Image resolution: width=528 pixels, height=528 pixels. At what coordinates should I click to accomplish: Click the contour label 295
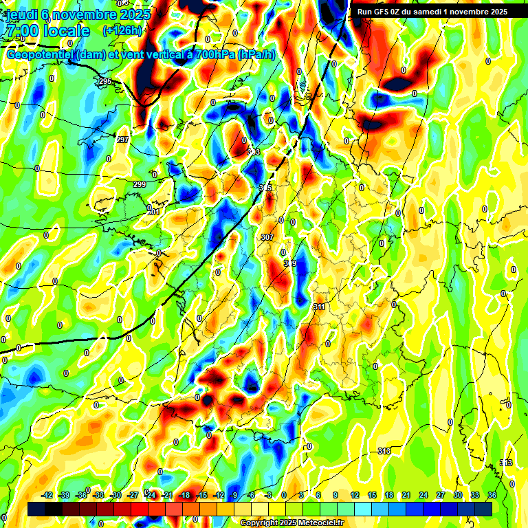click(x=104, y=82)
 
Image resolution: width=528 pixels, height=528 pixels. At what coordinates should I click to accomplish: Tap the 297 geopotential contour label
click(x=122, y=140)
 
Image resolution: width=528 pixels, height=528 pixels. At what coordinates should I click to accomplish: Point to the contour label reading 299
click(x=140, y=184)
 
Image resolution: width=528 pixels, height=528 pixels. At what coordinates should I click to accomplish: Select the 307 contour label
click(x=267, y=237)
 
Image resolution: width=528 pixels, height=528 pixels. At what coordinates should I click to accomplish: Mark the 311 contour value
click(x=319, y=307)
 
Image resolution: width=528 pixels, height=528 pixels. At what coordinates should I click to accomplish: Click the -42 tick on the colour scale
click(x=47, y=495)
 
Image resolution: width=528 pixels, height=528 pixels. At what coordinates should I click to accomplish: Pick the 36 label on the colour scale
click(x=492, y=495)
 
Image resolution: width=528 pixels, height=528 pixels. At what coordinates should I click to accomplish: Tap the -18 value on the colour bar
click(x=184, y=495)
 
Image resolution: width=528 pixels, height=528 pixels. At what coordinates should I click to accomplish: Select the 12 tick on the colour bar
click(x=355, y=495)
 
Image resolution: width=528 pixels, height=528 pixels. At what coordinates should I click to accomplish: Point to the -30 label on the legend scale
click(x=115, y=495)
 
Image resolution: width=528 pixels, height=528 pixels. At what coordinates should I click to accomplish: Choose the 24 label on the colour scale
click(x=423, y=495)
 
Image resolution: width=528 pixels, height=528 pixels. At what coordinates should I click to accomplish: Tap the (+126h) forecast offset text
click(x=122, y=30)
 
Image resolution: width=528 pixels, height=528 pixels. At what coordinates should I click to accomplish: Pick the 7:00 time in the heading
click(x=21, y=31)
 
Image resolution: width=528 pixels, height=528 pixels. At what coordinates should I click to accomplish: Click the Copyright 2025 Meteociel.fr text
click(x=291, y=522)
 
